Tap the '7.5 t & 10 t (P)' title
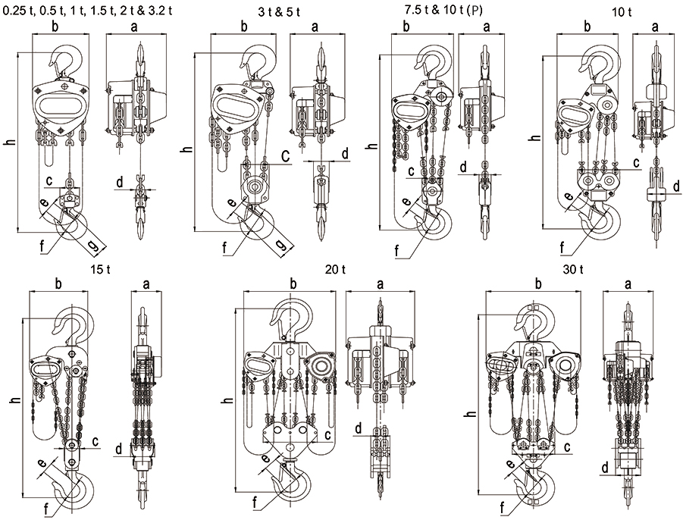[437, 11]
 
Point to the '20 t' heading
[335, 269]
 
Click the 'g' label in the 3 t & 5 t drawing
[281, 246]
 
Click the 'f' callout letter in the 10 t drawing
[562, 246]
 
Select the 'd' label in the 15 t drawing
[119, 450]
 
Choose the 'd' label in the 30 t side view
[604, 468]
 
